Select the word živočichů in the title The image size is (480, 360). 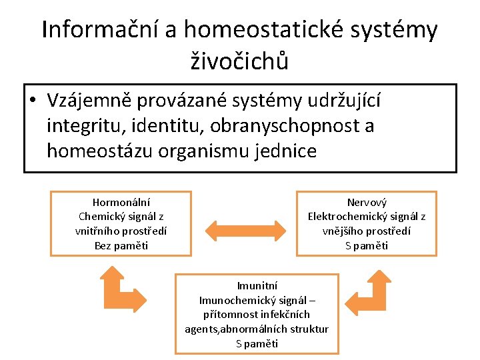tap(240, 62)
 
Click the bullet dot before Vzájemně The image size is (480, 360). tap(32, 101)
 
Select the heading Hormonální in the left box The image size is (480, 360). tap(121, 202)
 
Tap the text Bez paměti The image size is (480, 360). tap(121, 245)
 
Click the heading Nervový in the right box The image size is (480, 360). tap(367, 202)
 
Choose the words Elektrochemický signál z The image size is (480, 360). tap(367, 217)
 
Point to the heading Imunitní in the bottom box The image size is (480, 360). tap(257, 285)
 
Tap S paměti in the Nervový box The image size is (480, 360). tap(367, 245)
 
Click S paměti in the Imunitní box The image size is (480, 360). tap(257, 343)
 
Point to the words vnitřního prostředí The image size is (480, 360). tap(121, 231)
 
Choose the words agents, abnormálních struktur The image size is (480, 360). tap(257, 329)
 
